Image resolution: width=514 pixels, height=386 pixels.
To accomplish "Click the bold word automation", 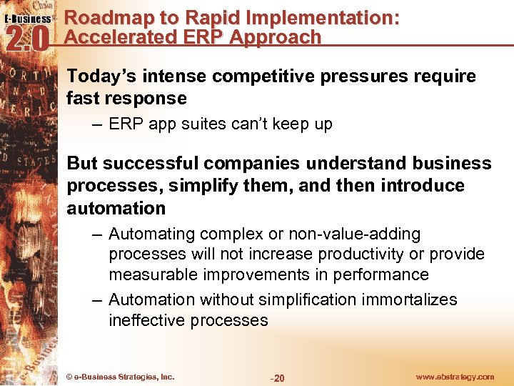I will (x=116, y=208).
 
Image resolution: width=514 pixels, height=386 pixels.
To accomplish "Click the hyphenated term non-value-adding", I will (x=352, y=234).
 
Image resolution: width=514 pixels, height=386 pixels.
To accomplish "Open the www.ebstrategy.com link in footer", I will (x=454, y=377).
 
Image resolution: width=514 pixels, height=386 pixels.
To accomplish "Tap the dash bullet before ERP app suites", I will (x=97, y=124).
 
